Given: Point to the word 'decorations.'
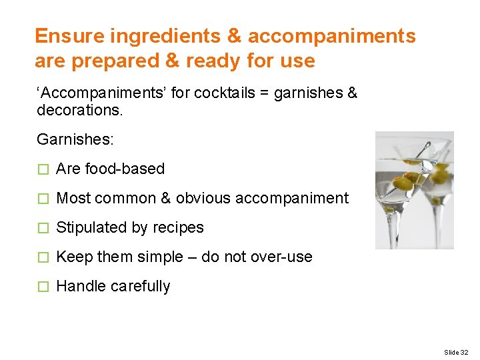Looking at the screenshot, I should (x=80, y=109).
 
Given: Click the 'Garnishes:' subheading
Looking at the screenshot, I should (x=75, y=139).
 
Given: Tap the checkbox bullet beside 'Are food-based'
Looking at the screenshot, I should (x=44, y=169).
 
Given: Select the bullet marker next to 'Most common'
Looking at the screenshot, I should (x=44, y=199).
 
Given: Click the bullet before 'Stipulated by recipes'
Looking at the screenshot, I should (x=44, y=228).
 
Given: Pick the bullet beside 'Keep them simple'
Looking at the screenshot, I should (x=44, y=257).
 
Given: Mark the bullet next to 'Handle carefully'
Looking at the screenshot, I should (x=44, y=287).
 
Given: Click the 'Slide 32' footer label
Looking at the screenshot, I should (x=456, y=351).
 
